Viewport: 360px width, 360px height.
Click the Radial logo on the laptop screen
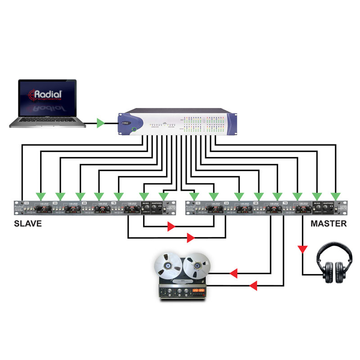[47, 94]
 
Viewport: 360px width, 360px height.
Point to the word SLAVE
[27, 223]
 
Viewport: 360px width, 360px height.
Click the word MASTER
[329, 223]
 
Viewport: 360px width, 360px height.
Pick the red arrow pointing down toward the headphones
[302, 249]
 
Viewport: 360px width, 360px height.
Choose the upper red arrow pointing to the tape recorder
[234, 273]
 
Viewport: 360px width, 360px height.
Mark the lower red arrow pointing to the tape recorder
[253, 285]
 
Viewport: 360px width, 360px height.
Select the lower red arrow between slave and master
[190, 237]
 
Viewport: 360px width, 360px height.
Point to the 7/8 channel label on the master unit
[285, 203]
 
